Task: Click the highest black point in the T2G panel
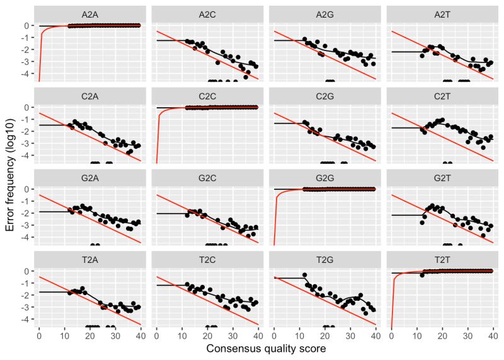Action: click(x=304, y=275)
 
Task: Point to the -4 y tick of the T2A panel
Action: click(x=27, y=319)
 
